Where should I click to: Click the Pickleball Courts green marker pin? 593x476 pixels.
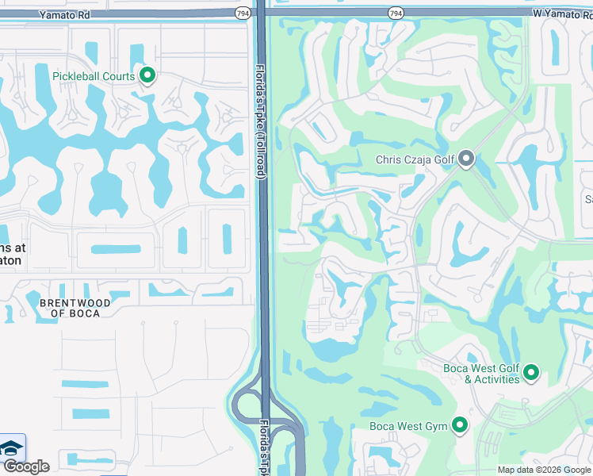coord(147,75)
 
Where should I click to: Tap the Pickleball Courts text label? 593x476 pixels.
coord(94,76)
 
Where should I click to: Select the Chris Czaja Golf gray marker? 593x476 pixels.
coord(466,159)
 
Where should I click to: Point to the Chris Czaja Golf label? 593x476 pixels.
coord(415,160)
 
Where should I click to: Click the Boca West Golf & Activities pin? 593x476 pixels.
coord(531,372)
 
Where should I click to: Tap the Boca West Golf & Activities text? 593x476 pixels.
coord(480,374)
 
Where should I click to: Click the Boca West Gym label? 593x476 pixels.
coord(408,427)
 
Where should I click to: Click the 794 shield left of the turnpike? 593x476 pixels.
coord(243,13)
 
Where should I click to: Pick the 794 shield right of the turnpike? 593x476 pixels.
coord(395,13)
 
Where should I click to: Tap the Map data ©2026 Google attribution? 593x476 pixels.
coord(544,470)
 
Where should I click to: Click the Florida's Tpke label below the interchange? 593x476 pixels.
coord(264,448)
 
